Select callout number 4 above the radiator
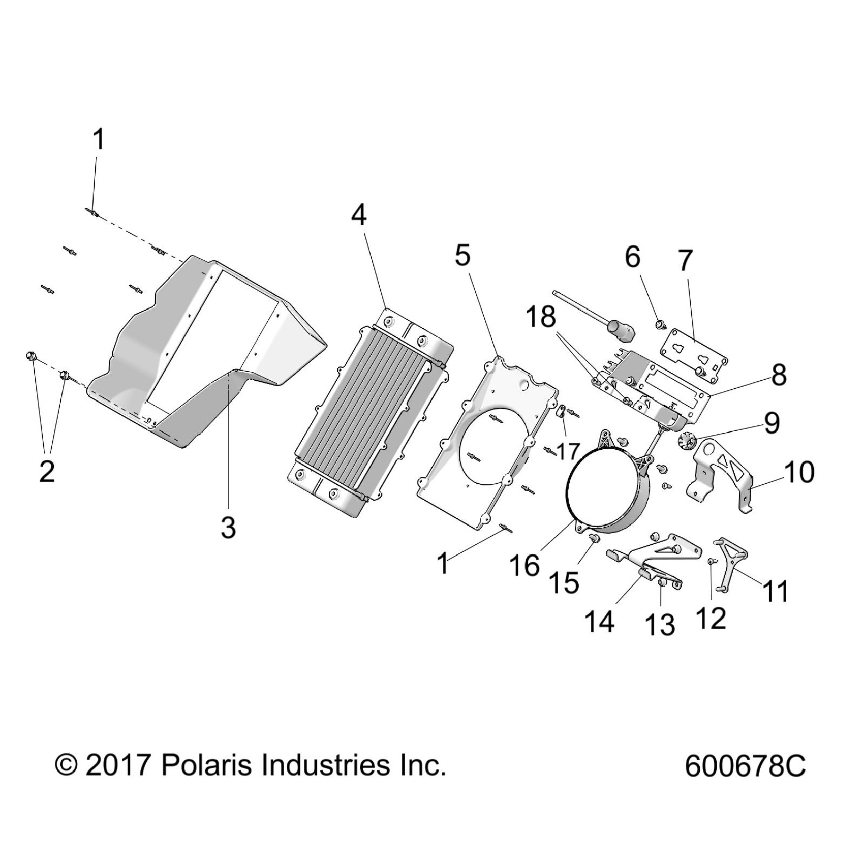coord(359,215)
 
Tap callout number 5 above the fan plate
coord(462,256)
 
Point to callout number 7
coord(686,261)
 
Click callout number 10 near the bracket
coord(799,472)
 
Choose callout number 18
coord(541,317)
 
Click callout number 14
coord(600,622)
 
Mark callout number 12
coord(711,619)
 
